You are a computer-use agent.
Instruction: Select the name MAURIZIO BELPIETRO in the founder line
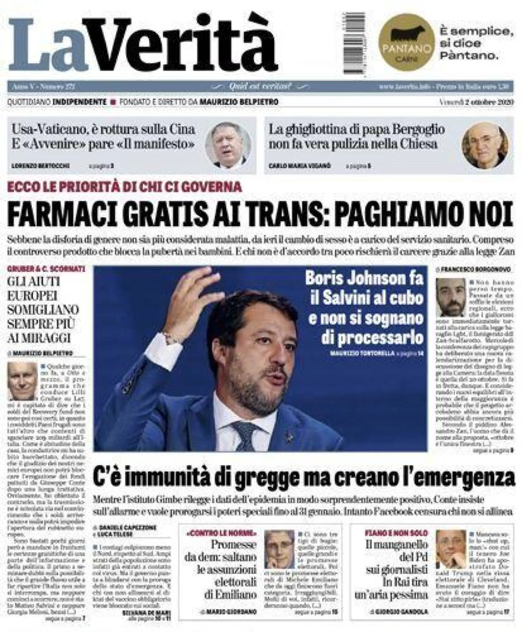239,102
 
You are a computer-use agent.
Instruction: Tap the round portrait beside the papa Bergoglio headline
484,145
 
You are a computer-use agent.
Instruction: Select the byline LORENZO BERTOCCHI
41,166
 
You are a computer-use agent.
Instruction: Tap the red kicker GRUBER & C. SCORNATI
46,269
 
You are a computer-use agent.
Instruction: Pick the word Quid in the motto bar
236,87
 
